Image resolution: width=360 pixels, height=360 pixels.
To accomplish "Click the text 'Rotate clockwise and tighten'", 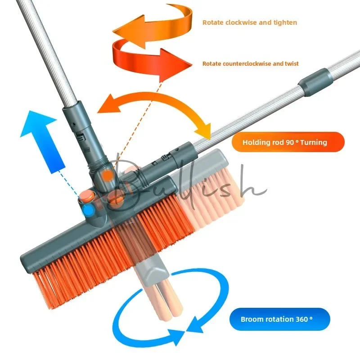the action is [x=250, y=22].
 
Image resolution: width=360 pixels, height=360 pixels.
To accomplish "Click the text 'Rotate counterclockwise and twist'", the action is [x=251, y=63].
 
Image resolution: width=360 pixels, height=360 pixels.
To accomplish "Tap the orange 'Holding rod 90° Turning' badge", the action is [x=288, y=142].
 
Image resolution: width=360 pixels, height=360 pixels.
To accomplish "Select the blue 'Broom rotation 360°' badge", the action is [x=279, y=319].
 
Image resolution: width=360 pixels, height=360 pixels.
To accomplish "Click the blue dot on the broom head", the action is [x=88, y=210].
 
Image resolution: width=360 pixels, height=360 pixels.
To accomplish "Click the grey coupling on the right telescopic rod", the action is [x=316, y=82].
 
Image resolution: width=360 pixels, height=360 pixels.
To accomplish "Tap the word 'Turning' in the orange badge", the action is [x=313, y=142].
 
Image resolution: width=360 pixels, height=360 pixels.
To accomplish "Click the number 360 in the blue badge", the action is [x=301, y=319].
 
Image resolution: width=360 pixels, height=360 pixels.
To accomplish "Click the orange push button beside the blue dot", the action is [x=86, y=197].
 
